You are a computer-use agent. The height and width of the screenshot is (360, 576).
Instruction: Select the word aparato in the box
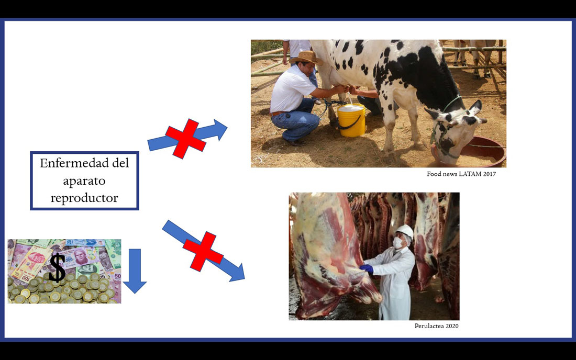(84, 181)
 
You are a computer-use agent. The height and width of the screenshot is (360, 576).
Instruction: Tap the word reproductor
(84, 198)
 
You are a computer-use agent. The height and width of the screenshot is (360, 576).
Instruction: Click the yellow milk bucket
(351, 120)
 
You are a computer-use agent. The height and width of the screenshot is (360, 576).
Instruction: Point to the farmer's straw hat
(306, 57)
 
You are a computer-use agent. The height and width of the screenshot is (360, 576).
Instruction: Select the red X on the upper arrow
(185, 138)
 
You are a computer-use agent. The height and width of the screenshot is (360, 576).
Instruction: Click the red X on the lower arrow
(203, 251)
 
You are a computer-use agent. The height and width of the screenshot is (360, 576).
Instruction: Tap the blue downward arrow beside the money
(135, 271)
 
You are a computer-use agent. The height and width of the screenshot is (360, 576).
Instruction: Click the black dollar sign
(57, 267)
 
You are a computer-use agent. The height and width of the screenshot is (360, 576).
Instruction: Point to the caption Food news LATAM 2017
(461, 174)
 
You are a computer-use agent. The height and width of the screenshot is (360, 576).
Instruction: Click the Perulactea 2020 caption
(436, 326)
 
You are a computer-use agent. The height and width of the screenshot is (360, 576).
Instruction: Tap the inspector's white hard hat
(404, 231)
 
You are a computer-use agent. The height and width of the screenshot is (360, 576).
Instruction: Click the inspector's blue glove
(366, 268)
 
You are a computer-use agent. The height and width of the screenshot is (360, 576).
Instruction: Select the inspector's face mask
(398, 243)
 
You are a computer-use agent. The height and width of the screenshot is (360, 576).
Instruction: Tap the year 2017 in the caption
(489, 174)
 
